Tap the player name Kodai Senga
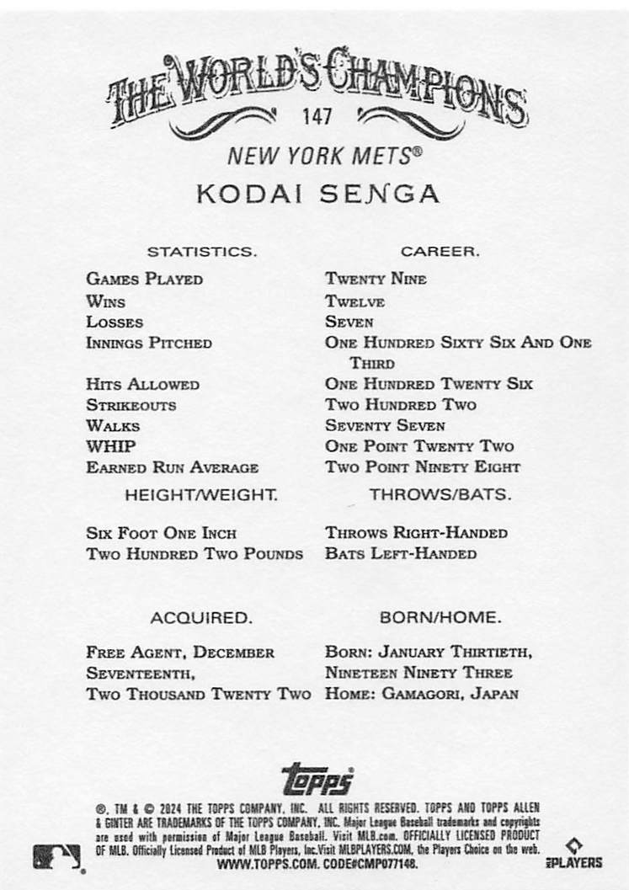[x=317, y=194]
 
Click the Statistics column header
[x=202, y=252]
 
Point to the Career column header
[x=440, y=252]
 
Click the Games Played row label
[x=144, y=280]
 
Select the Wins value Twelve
[x=354, y=301]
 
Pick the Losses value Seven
[x=349, y=322]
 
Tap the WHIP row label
[x=111, y=446]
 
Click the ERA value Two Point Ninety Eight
[x=423, y=467]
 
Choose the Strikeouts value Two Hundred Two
[x=401, y=405]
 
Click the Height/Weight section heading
[x=200, y=495]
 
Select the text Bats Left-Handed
[x=401, y=554]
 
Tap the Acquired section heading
[x=200, y=618]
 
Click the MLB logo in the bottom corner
[x=57, y=856]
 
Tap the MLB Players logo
[x=578, y=854]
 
